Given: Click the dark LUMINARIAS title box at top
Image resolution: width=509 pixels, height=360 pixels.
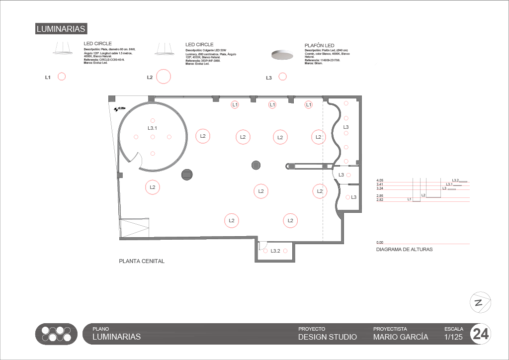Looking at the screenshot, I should coord(61,29).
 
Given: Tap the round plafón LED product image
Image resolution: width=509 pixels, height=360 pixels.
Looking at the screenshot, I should coord(282,55).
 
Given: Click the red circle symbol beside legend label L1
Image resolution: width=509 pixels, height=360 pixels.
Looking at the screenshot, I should coord(62,77).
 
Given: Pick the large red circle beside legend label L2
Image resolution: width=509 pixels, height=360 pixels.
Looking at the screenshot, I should coord(164,77).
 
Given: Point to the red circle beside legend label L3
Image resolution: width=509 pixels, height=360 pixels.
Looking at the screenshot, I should coord(282,77).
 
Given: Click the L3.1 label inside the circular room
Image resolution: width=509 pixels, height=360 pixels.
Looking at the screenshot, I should coord(153,128).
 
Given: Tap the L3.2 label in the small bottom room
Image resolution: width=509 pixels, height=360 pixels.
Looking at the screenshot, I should coord(275,251).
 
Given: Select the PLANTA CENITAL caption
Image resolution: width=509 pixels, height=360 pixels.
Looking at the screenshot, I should coord(142,261).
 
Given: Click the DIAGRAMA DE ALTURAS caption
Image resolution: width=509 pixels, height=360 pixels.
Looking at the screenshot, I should coord(404,249).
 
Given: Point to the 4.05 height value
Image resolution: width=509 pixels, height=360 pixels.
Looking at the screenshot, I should coord(380,180).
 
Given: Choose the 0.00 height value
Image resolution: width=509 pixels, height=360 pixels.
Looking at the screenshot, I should coord(380,242).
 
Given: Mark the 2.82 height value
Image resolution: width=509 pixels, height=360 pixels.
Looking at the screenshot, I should coord(380,199).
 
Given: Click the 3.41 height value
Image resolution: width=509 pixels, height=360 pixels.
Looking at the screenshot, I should coord(380,184).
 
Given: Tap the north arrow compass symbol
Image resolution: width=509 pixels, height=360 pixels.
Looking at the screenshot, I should coord(480,302).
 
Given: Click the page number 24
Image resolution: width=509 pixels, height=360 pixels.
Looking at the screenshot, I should coord(480,334).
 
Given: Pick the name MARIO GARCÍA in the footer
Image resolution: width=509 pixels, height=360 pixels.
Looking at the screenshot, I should coord(400,337).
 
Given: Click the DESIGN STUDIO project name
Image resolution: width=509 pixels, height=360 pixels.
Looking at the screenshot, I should coord(327,337).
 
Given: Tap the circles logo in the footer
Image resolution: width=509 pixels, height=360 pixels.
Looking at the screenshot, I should coord(56,334).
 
